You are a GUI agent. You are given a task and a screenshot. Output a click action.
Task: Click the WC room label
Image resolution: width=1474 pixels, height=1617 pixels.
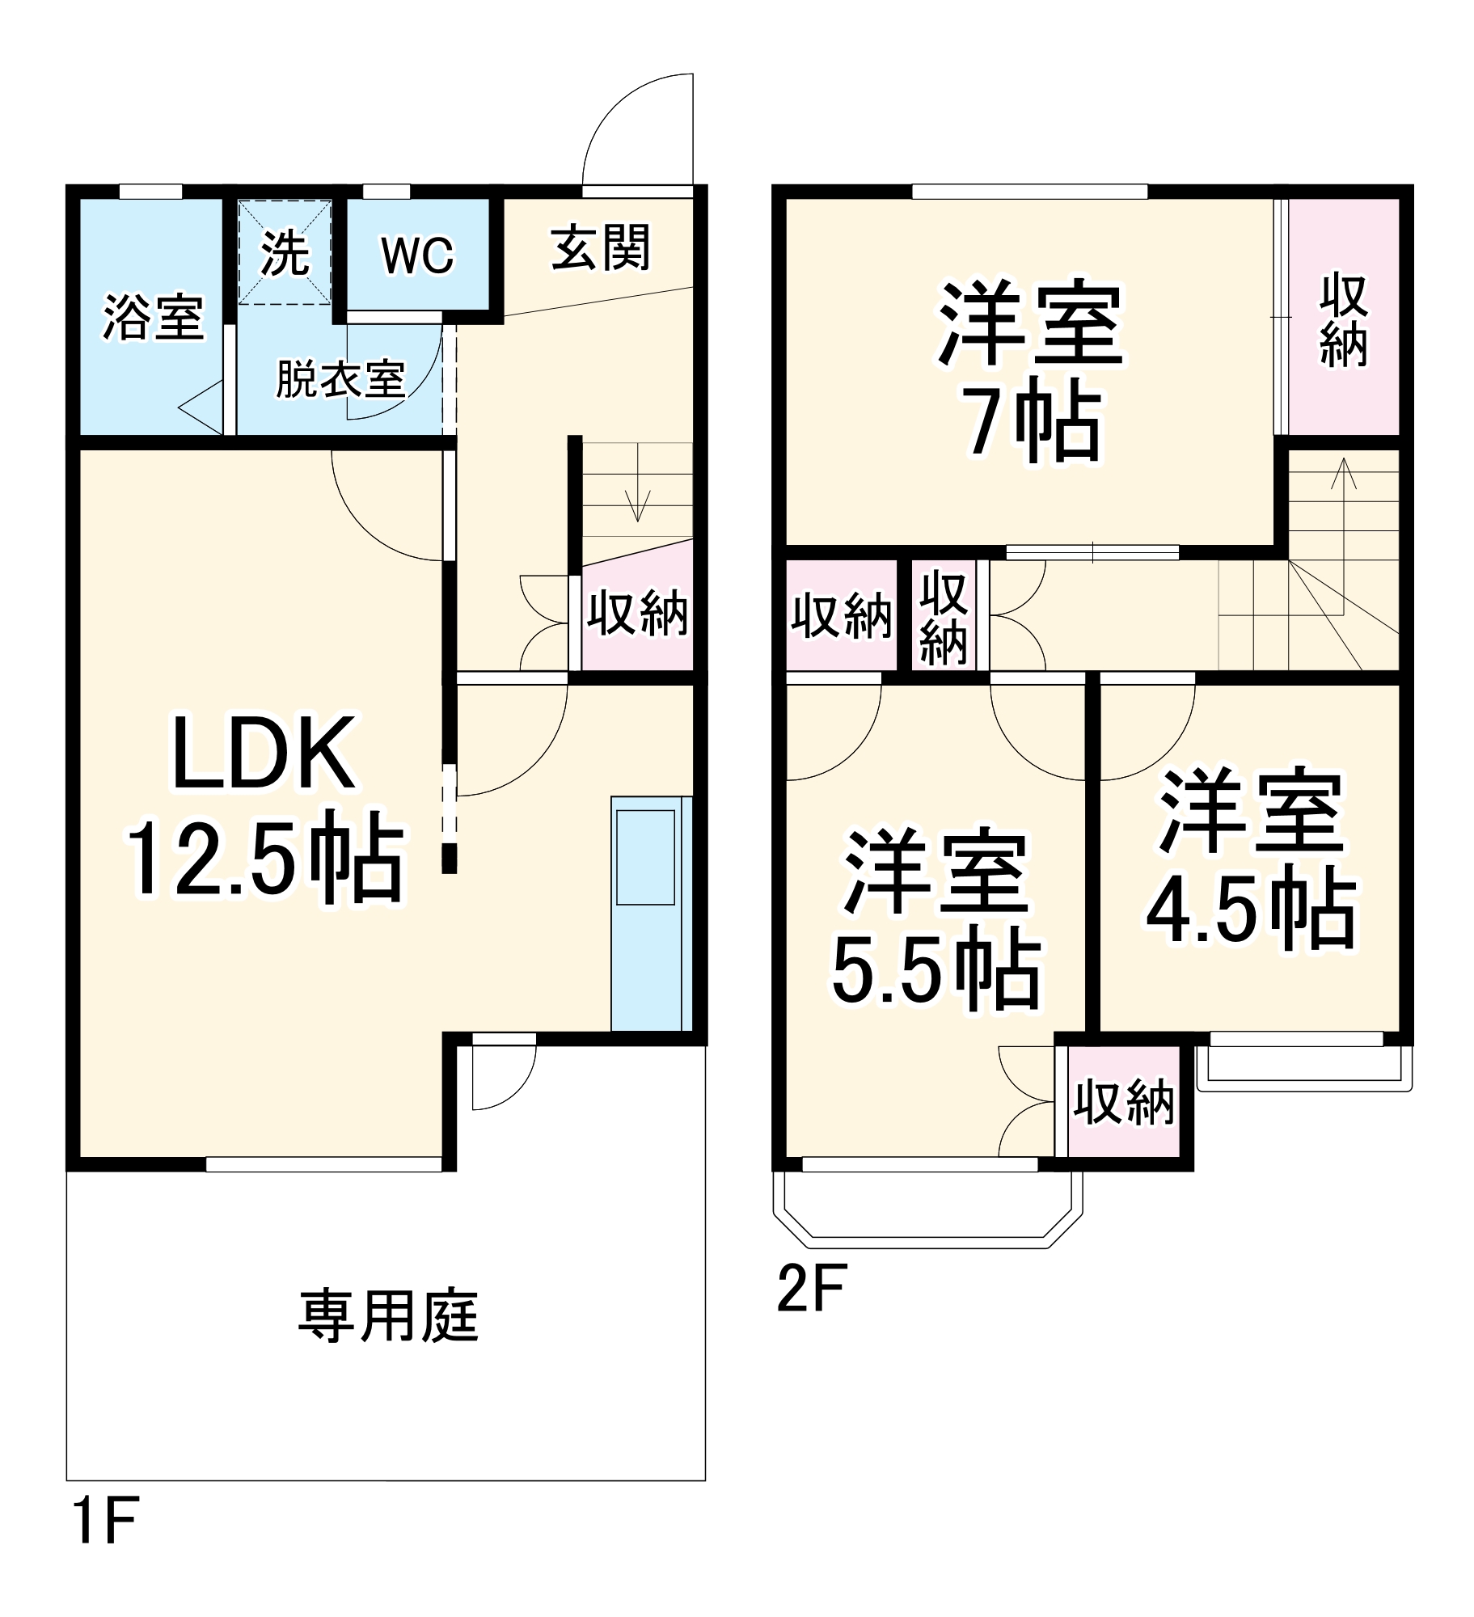417,255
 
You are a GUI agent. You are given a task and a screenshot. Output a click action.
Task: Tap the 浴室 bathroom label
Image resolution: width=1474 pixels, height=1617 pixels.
152,317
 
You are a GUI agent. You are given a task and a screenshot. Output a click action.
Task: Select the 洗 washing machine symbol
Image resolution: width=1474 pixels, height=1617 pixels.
285,253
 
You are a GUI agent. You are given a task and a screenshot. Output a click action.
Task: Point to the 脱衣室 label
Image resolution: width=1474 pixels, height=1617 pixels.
340,378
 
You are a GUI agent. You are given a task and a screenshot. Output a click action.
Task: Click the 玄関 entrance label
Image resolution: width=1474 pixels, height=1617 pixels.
600,247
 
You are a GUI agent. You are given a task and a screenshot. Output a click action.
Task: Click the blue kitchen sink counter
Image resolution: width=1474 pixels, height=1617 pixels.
647,913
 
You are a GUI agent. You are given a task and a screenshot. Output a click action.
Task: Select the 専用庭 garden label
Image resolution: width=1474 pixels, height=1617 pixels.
388,1316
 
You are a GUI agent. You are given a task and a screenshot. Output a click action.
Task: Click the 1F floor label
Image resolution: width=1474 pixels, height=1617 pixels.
105,1520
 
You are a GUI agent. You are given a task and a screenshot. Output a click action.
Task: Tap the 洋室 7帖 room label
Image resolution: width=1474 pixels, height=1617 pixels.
1031,372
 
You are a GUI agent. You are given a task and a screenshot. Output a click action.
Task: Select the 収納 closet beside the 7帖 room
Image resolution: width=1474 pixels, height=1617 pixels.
1343,319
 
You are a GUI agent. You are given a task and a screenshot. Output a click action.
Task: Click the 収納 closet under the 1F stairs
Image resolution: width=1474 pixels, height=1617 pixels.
637,612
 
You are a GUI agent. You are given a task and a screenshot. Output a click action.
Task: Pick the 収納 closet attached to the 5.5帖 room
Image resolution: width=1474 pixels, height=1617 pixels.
1123,1101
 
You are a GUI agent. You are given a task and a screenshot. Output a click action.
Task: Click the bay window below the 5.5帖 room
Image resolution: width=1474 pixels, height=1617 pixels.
927,1204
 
